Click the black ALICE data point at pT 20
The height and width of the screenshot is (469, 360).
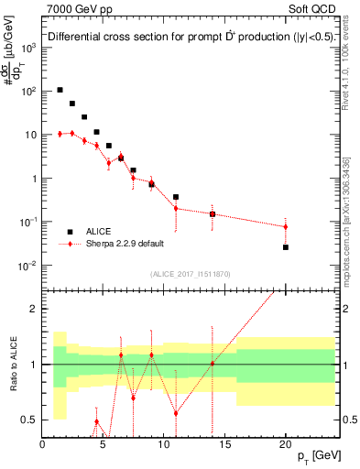pyautogui.click(x=286, y=247)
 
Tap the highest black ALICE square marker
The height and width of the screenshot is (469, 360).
pyautogui.click(x=60, y=90)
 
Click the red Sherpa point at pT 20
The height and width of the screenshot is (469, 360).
pyautogui.click(x=286, y=226)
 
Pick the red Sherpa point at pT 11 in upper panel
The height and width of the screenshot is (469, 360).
pyautogui.click(x=176, y=208)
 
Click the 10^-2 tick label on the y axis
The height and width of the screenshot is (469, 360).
pyautogui.click(x=27, y=266)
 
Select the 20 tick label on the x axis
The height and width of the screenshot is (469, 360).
pyautogui.click(x=286, y=444)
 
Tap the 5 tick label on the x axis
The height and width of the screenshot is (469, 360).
pyautogui.click(x=103, y=444)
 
